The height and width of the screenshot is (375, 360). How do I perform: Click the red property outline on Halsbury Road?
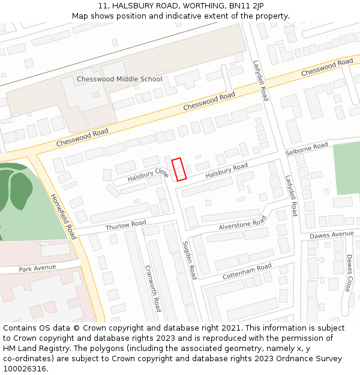[x=179, y=169]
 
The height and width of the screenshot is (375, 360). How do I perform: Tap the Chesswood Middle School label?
[x=119, y=79]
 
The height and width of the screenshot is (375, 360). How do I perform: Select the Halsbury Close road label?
[x=148, y=175]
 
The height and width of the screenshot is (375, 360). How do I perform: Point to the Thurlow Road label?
[x=125, y=226]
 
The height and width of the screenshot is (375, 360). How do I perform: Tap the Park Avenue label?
[x=37, y=268]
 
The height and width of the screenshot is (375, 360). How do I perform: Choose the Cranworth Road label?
[x=153, y=289]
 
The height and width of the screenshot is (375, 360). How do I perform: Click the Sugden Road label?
[x=189, y=260]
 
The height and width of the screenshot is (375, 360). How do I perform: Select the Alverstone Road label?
[x=242, y=223]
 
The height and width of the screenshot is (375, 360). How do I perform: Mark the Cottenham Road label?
[x=247, y=271]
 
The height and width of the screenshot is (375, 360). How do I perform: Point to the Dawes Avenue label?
[x=332, y=235]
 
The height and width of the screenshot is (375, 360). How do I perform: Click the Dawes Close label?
[x=349, y=273]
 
